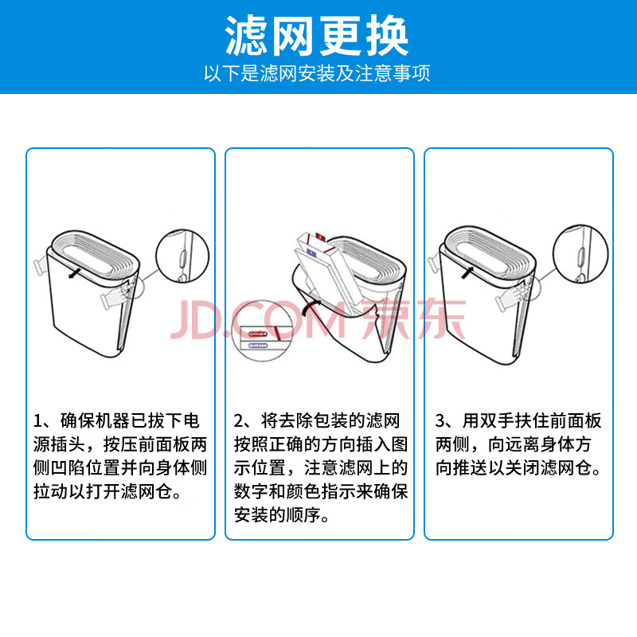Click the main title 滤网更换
pos(316,36)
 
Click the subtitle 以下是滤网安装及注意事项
pos(317,73)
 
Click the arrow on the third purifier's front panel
pos(467,272)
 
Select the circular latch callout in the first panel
pos(182,256)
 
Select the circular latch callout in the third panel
pos(580,253)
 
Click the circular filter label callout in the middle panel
pos(262,330)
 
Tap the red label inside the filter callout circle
pos(258,334)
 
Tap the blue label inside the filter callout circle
pos(258,346)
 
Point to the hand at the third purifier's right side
pos(512,297)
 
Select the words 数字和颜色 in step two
pos(277,491)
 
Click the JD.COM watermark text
pos(258,320)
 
